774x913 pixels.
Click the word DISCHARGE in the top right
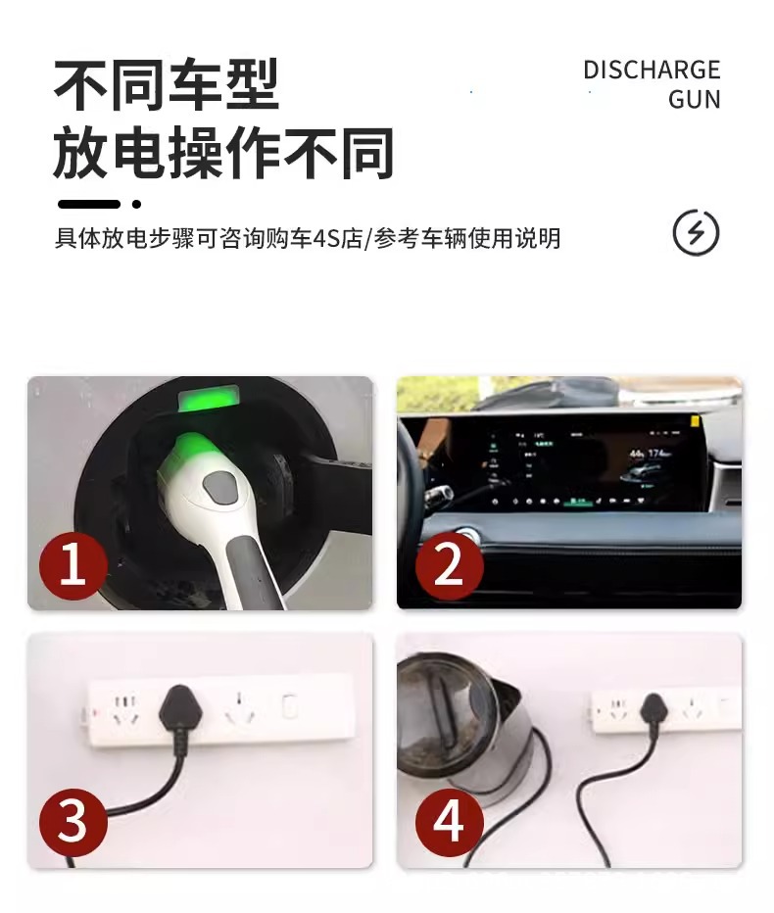[x=652, y=71]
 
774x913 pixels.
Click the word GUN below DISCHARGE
[x=694, y=100]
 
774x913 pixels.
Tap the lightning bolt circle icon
[x=696, y=233]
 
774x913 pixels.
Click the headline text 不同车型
[x=167, y=86]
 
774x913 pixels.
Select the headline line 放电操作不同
[x=223, y=154]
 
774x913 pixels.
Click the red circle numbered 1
[x=73, y=565]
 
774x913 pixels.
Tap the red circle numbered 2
[x=449, y=565]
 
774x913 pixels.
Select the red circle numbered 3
[x=73, y=821]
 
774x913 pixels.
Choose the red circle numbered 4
[x=449, y=821]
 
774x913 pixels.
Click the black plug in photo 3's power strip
[x=178, y=703]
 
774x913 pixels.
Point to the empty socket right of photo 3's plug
[x=239, y=709]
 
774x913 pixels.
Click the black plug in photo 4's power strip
[x=653, y=707]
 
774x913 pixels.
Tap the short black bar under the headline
[x=88, y=204]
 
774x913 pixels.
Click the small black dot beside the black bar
[x=136, y=204]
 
